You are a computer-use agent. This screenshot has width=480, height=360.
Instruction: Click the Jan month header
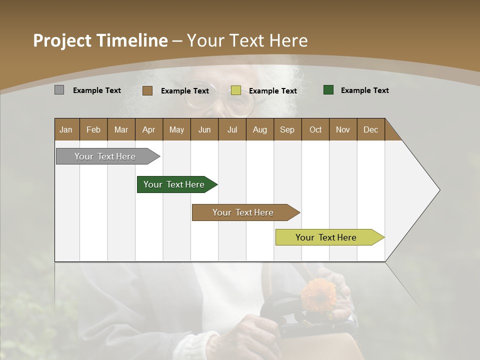(x=66, y=129)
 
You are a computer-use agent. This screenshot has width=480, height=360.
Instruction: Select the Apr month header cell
(x=148, y=129)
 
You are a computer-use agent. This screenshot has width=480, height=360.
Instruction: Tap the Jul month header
(x=232, y=129)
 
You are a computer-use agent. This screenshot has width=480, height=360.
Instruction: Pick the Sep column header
(x=287, y=129)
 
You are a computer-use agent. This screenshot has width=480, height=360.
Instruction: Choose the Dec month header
(x=370, y=129)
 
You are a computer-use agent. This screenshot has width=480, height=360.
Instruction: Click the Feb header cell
(x=93, y=129)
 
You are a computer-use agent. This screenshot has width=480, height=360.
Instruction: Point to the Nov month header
(x=342, y=129)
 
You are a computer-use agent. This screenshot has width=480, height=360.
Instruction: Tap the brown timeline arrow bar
(x=244, y=212)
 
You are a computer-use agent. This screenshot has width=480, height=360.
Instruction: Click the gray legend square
(x=59, y=90)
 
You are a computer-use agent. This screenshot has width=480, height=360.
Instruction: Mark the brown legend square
(x=147, y=90)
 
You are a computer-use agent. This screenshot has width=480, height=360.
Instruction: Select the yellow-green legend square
(x=236, y=90)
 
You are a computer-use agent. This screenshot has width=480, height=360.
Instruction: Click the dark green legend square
(x=328, y=90)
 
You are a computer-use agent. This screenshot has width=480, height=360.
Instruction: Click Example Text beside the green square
(x=364, y=90)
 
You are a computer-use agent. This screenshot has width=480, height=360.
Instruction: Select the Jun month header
(x=204, y=129)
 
